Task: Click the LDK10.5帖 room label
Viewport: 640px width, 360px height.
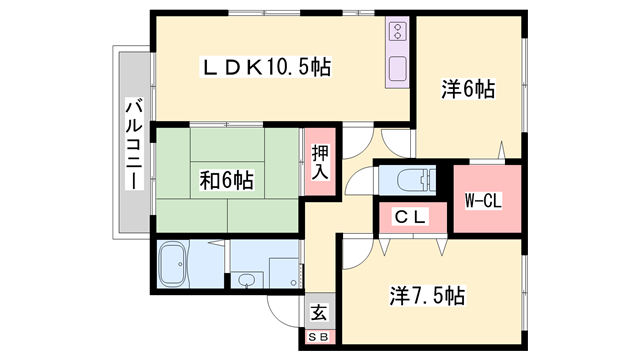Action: (267, 67)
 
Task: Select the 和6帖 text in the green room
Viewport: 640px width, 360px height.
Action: (226, 181)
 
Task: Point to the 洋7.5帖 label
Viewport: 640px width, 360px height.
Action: (427, 296)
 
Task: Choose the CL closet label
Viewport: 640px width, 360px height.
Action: (409, 215)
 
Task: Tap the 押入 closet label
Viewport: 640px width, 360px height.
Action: (319, 161)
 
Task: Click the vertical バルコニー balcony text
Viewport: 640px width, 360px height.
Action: (132, 145)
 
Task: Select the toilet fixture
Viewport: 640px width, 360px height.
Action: (413, 181)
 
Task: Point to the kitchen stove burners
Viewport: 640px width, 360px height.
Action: (396, 35)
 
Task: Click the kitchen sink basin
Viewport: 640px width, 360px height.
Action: (396, 71)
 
